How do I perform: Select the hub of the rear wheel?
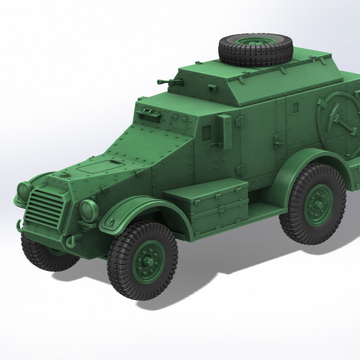click(314, 206)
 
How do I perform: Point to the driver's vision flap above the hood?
click(149, 113)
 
